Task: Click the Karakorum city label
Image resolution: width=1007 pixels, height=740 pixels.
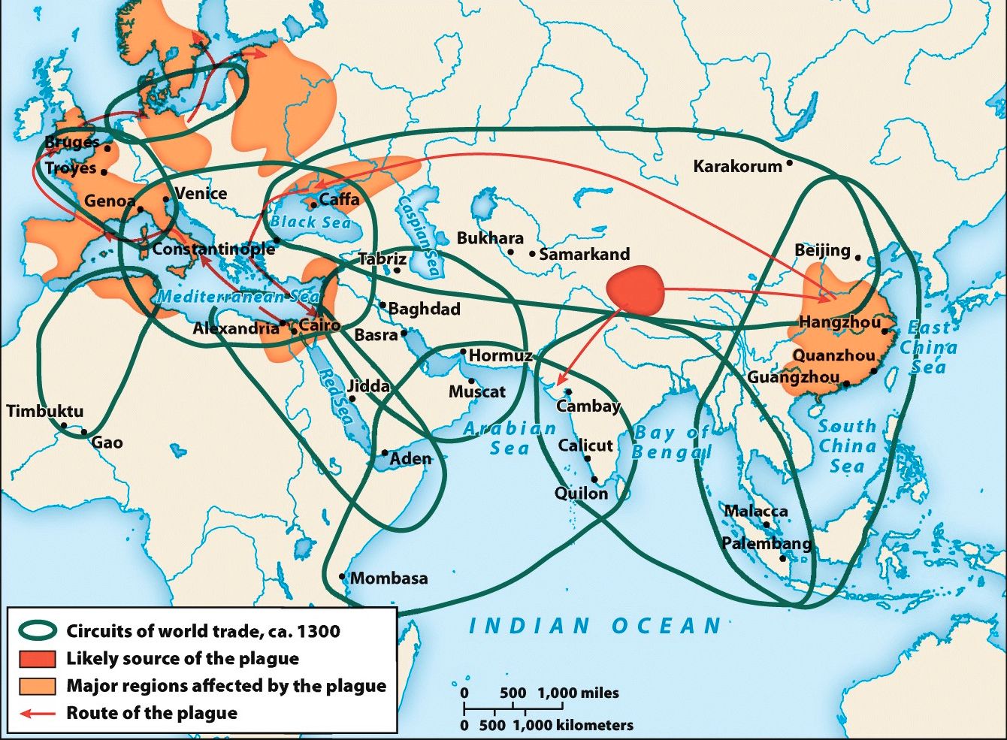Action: tap(737, 166)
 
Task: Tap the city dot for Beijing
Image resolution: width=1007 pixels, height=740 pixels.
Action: tap(858, 257)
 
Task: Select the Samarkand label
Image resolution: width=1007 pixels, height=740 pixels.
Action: tap(584, 254)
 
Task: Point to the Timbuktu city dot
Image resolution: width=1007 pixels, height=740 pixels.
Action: tap(64, 426)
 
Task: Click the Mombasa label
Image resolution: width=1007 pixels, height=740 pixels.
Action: tap(389, 578)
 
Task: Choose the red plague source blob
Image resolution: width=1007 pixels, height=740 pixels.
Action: tap(636, 290)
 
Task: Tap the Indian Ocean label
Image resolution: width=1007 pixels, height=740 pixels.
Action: tap(595, 626)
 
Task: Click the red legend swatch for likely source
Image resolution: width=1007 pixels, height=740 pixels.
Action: tap(38, 659)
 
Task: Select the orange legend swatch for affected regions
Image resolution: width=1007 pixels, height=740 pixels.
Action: tap(38, 686)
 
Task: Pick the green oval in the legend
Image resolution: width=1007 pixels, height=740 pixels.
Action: tap(38, 631)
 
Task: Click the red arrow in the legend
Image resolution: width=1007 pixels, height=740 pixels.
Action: tap(38, 713)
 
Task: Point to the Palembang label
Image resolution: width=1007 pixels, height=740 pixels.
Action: tap(767, 543)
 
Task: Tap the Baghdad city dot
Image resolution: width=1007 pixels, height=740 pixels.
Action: tap(383, 305)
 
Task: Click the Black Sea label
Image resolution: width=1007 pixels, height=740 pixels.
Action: tap(310, 222)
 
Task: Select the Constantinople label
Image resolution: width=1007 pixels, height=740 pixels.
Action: tap(213, 249)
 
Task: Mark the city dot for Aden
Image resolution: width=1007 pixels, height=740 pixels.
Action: tap(385, 453)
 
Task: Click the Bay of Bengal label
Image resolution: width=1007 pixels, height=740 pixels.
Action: tap(671, 442)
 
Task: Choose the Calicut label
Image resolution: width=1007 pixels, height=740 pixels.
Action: tap(585, 446)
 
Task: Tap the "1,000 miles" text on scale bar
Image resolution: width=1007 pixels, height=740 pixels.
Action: tap(578, 693)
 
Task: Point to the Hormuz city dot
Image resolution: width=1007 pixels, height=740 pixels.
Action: tap(464, 352)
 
